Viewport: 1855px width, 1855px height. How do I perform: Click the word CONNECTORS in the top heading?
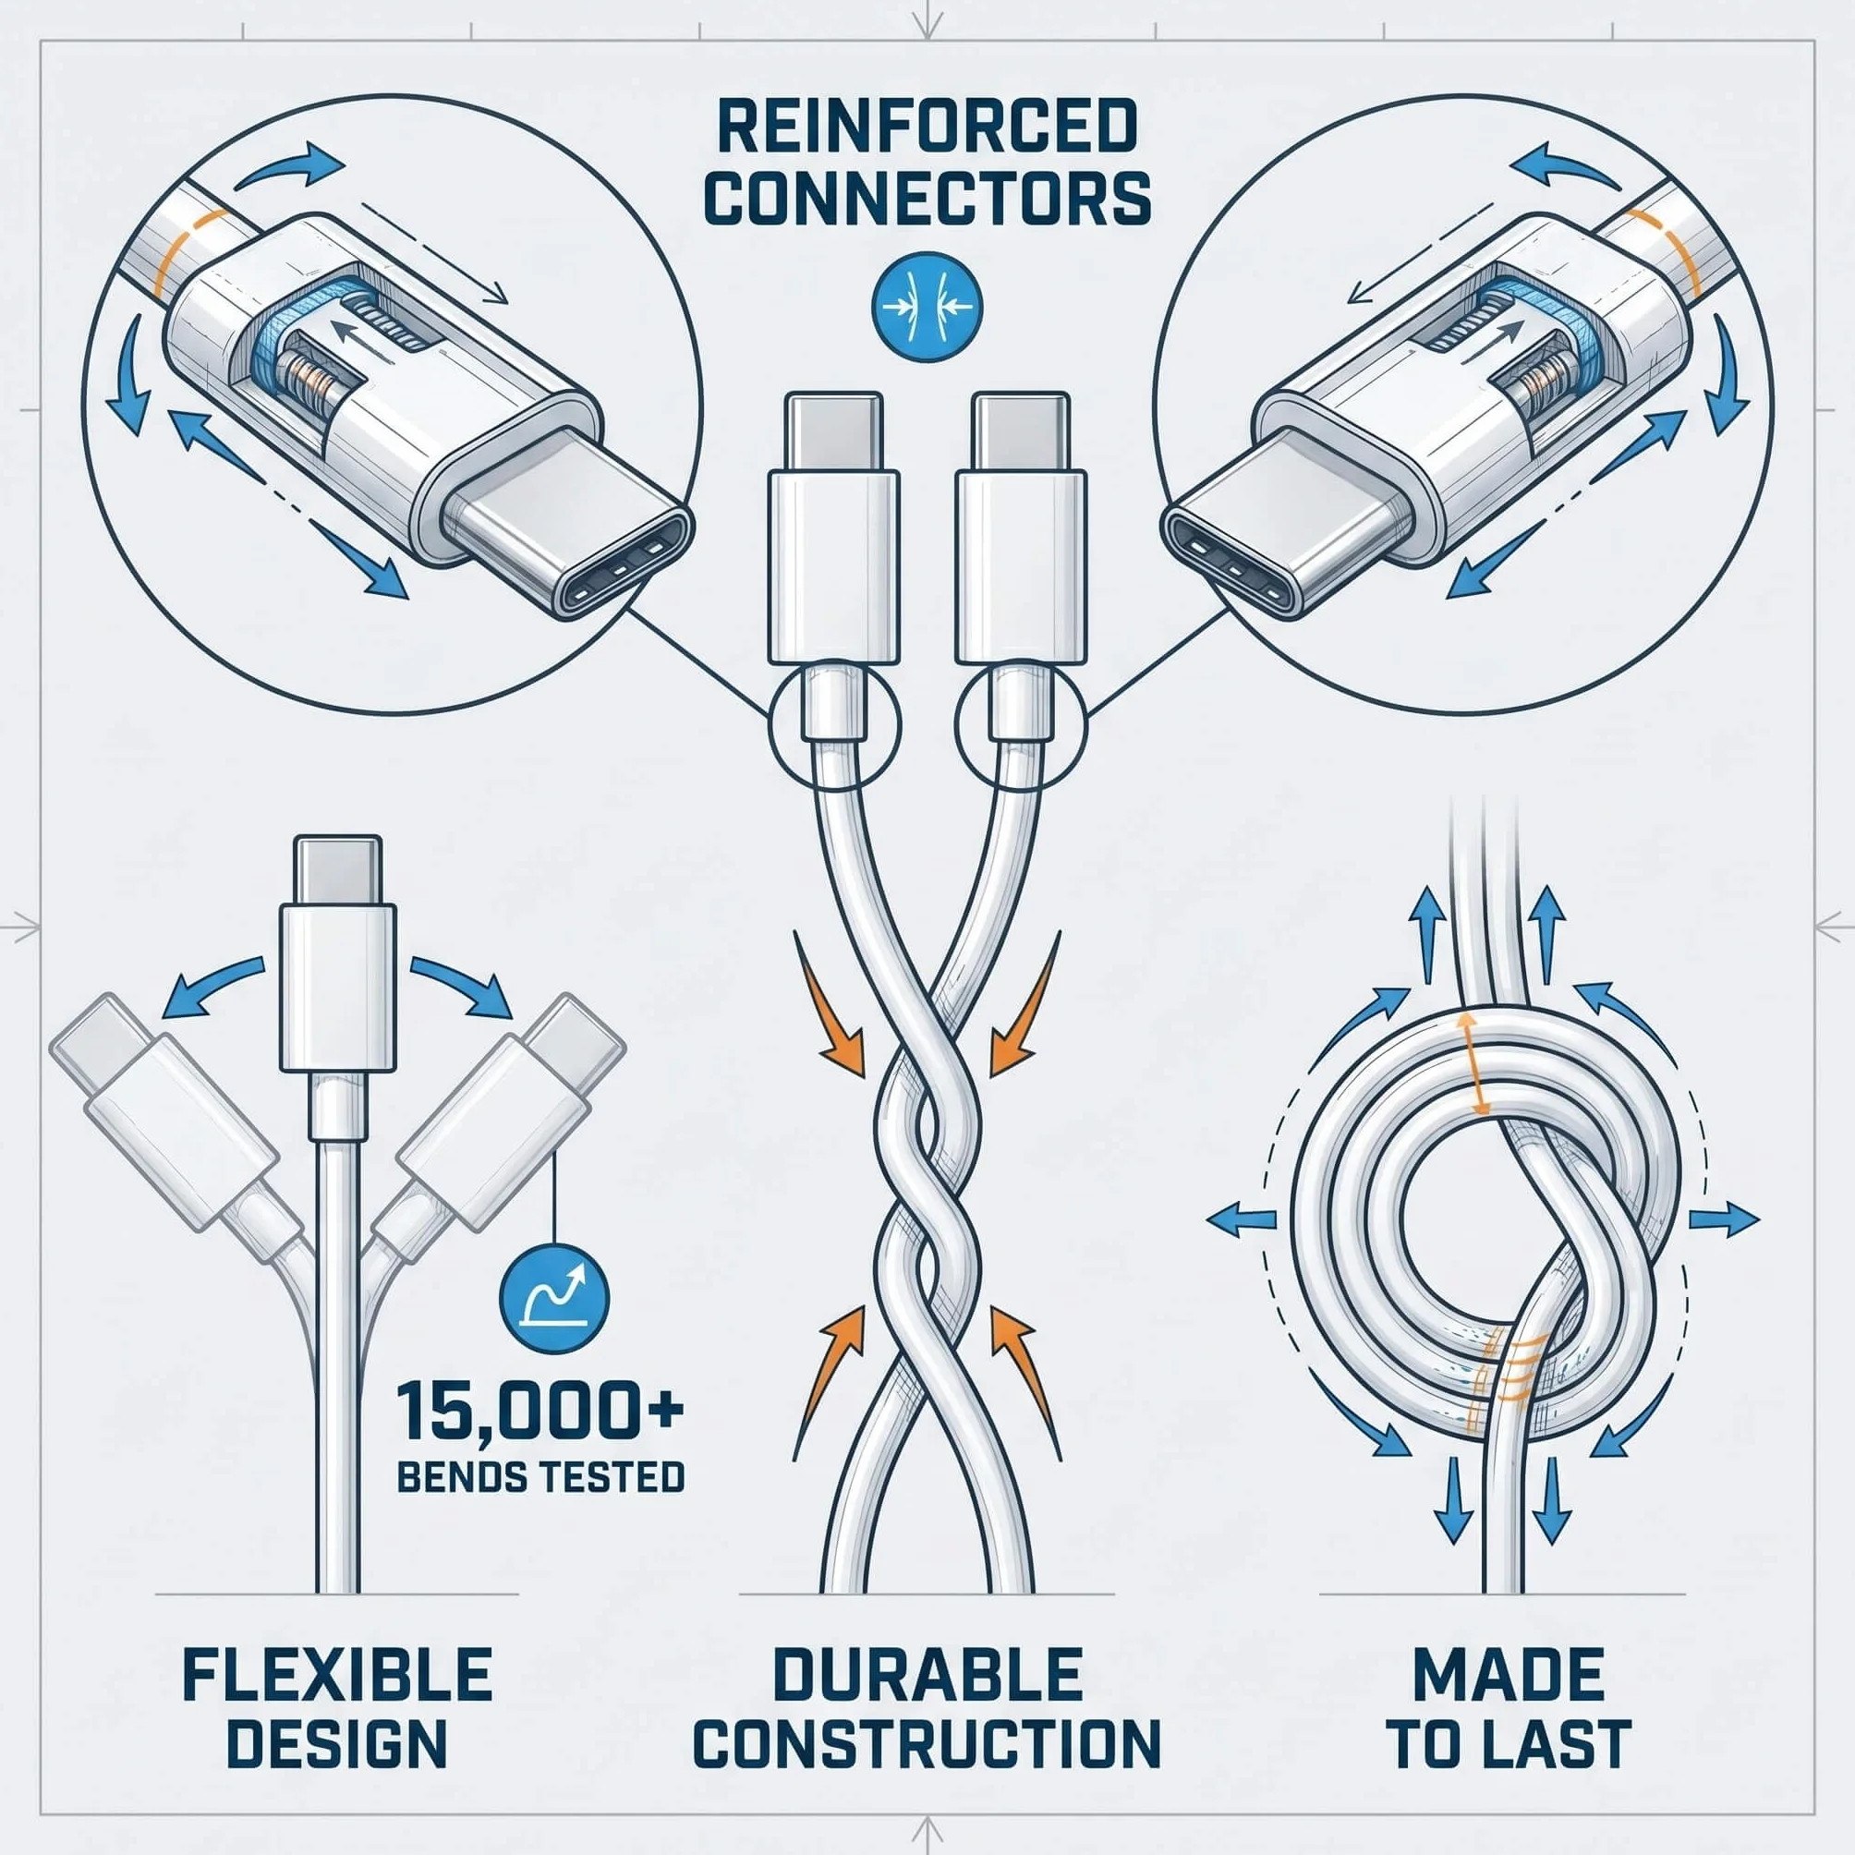pyautogui.click(x=927, y=198)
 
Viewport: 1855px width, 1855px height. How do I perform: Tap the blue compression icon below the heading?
pyautogui.click(x=927, y=308)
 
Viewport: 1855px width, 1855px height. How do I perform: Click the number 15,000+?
pyautogui.click(x=540, y=1411)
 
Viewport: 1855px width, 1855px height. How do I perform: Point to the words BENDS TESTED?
pyautogui.click(x=540, y=1477)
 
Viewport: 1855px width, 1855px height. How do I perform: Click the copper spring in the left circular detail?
pyautogui.click(x=309, y=376)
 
